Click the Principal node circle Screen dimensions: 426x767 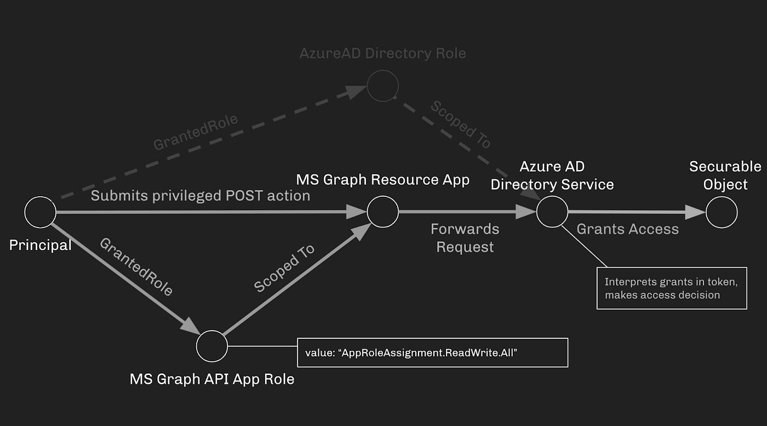[41, 212]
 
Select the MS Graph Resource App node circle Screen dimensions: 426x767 [382, 212]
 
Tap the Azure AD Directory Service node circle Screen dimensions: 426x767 [552, 212]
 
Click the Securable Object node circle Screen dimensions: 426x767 [722, 212]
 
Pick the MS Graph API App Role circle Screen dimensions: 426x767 [212, 347]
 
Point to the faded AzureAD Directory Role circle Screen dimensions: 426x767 [382, 86]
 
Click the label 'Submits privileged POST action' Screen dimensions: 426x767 [201, 196]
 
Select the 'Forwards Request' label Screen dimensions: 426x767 [465, 238]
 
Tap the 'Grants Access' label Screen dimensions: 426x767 [627, 229]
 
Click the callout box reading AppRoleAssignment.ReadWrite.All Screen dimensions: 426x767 [432, 353]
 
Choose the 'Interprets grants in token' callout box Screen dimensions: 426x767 [671, 288]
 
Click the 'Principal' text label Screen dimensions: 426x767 [41, 245]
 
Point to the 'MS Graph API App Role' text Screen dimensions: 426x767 [212, 379]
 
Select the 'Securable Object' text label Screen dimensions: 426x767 [725, 175]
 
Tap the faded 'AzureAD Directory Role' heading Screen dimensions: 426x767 [382, 54]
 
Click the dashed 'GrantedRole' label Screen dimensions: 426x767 [196, 132]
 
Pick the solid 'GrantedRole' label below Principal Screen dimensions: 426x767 [136, 267]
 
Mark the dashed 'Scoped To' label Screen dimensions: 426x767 [460, 124]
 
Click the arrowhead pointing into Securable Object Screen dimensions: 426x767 [695, 212]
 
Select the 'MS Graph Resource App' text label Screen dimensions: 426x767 [382, 180]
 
